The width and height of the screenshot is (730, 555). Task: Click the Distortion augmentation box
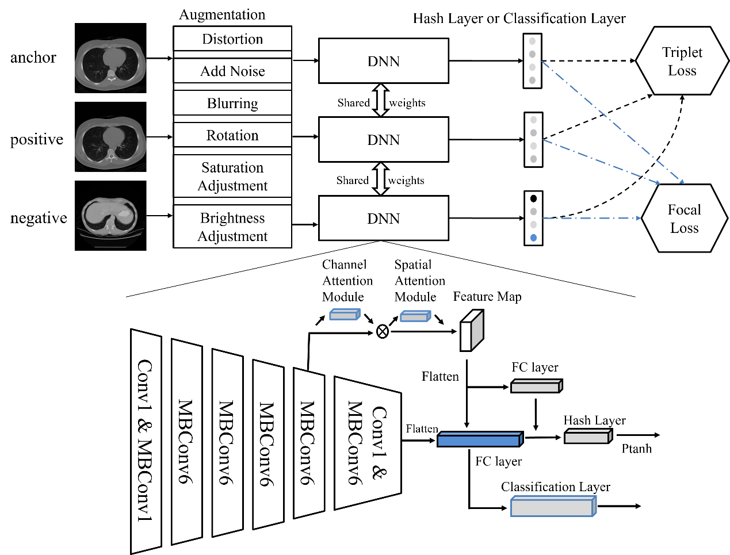232,39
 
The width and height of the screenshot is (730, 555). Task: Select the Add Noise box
232,71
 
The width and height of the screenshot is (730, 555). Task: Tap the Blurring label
232,104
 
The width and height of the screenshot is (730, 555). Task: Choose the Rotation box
232,136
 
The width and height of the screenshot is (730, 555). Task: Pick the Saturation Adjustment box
232,177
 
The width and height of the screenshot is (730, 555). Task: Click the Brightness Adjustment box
232,227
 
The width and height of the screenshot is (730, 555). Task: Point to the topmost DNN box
383,61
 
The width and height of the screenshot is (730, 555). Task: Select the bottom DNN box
383,219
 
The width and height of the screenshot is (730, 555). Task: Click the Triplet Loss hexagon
682,61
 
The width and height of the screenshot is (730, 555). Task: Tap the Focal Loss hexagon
684,219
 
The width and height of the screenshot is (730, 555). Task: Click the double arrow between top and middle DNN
380,100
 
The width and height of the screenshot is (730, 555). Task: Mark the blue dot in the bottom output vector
533,238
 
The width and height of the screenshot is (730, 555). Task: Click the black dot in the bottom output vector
533,198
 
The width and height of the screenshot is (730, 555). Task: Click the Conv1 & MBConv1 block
146,441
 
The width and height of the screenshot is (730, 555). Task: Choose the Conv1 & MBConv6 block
367,443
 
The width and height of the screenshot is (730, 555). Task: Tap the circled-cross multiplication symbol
382,331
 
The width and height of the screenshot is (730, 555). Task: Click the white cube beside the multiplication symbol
471,331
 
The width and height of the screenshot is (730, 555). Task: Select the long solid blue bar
479,440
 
